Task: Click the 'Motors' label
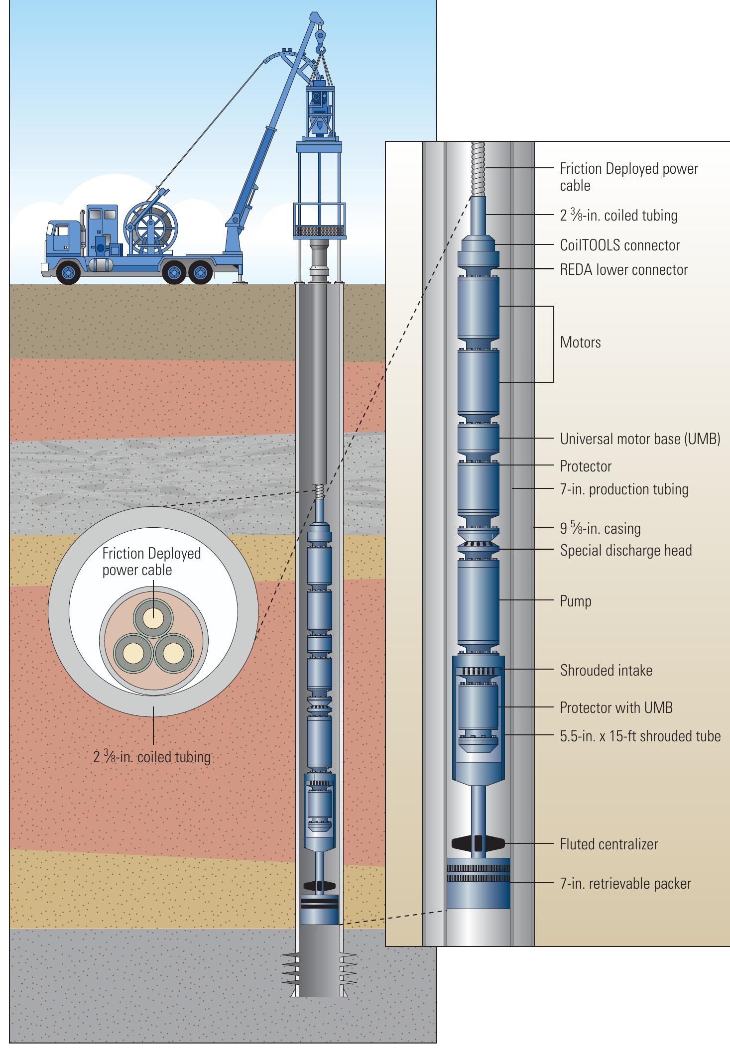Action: (x=580, y=343)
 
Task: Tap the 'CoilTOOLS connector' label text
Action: (x=619, y=245)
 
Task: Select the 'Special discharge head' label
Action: (x=625, y=550)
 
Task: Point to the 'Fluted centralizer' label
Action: (x=608, y=844)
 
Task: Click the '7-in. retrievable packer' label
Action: (x=625, y=883)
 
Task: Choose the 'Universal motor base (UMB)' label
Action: (x=640, y=439)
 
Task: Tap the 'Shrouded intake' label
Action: (x=606, y=670)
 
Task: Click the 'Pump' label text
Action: (x=576, y=601)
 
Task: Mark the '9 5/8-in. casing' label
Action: (x=600, y=528)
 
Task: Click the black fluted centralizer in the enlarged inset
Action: (x=478, y=843)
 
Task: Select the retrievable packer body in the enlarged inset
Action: (x=478, y=883)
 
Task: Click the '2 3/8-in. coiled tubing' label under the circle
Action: (x=152, y=757)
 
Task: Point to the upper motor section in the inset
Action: (x=478, y=309)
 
